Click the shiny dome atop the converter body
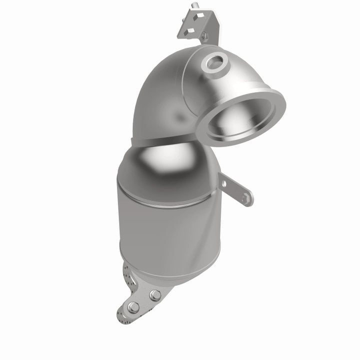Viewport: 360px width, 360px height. [160, 160]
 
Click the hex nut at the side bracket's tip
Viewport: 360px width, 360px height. [244, 198]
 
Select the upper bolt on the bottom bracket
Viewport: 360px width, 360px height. [155, 295]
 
